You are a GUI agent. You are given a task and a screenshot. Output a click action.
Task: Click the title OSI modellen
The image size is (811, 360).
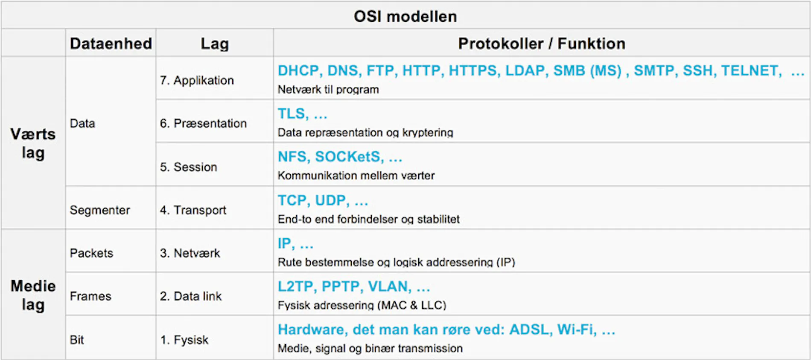[405, 16]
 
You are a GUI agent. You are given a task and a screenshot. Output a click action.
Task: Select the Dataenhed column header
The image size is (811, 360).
[111, 44]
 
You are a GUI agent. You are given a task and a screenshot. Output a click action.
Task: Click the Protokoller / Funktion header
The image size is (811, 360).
[542, 44]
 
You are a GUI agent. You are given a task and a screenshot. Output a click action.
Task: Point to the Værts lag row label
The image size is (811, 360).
[33, 143]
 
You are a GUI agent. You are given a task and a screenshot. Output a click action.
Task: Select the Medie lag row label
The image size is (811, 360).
[33, 295]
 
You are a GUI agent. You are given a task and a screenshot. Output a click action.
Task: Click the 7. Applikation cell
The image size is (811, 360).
[197, 80]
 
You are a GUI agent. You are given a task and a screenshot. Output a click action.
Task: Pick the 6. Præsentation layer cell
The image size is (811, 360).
[203, 123]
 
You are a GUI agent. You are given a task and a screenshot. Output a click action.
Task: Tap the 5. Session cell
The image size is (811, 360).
[188, 167]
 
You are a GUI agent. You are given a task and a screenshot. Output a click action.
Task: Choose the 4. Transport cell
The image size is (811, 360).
[193, 210]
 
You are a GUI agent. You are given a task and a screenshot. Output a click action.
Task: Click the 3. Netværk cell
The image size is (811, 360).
[190, 253]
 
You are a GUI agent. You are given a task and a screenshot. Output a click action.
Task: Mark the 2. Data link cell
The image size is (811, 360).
[191, 296]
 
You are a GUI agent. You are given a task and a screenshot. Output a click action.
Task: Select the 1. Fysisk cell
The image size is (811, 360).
[184, 340]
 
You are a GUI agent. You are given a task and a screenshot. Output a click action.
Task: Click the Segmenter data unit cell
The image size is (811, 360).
[100, 210]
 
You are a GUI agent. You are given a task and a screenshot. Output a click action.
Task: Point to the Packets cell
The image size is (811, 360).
[91, 253]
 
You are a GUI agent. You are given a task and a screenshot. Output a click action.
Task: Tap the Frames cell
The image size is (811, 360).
[90, 296]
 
